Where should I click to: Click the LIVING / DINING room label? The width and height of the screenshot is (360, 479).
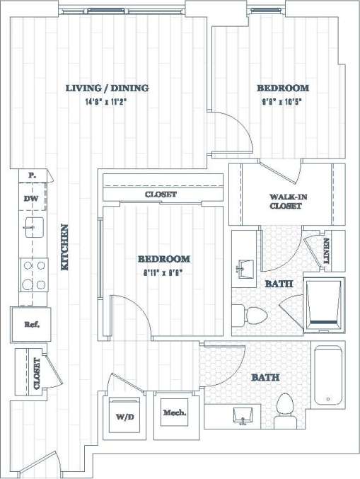(107, 88)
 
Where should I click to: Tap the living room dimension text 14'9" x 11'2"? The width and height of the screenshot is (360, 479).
(107, 101)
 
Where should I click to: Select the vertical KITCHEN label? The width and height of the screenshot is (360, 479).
(64, 247)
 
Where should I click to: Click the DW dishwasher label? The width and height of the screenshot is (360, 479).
(30, 199)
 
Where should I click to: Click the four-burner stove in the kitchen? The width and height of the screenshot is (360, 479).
(33, 275)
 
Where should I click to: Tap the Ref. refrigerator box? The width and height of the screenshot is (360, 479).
(31, 325)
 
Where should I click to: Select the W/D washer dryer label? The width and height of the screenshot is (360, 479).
(124, 417)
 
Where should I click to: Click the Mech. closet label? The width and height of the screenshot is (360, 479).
(174, 412)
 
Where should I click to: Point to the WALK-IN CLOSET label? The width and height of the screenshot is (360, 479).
(286, 201)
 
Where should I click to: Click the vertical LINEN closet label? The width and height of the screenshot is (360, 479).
(327, 252)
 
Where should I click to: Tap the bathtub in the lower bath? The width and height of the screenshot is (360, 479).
(329, 375)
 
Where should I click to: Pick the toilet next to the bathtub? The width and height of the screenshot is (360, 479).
(286, 410)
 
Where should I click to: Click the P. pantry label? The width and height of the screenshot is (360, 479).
(31, 175)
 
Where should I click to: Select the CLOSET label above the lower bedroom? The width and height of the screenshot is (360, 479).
(161, 194)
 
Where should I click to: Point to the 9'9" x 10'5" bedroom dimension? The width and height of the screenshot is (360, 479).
(282, 101)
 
